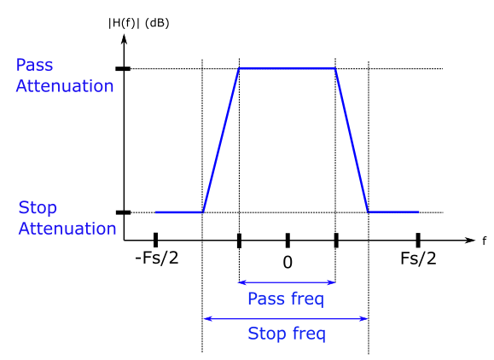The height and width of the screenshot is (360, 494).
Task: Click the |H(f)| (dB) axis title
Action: point(138,23)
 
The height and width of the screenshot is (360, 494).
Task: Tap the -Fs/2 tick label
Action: point(157,258)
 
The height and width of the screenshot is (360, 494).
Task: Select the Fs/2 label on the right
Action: point(418,258)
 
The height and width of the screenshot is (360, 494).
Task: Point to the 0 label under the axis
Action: point(288,263)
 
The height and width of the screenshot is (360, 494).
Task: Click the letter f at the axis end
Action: point(485,241)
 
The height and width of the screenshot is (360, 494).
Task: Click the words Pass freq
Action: point(286,299)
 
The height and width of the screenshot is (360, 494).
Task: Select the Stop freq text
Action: point(287,334)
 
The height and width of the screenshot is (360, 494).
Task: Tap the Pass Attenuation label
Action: point(65,76)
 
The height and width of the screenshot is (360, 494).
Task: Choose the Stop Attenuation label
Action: point(67,218)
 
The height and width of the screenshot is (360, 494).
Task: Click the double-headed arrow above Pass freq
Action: point(287,282)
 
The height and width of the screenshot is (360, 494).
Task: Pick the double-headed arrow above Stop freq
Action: point(286,319)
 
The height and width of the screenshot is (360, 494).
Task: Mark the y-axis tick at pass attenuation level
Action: point(123,68)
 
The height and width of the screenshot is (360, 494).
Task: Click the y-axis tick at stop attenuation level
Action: point(123,212)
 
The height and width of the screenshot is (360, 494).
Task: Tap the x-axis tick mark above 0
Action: point(288,241)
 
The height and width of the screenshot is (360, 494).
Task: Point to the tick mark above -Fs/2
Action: point(155,240)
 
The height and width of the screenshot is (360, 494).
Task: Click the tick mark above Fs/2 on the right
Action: point(418,241)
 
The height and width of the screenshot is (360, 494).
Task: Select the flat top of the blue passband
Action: point(288,68)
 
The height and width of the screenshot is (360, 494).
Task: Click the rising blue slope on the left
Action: point(221,140)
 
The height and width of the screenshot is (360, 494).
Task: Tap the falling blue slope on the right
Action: point(352,140)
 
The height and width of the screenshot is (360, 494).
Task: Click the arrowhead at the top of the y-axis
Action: point(124,38)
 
